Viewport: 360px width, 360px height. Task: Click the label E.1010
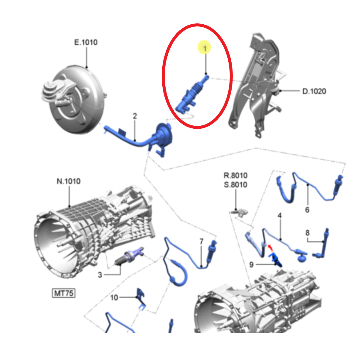pyautogui.click(x=86, y=42)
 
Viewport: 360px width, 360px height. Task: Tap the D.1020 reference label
pyautogui.click(x=314, y=91)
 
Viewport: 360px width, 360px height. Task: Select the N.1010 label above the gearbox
pyautogui.click(x=69, y=181)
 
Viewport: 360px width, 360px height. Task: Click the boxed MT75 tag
pyautogui.click(x=64, y=293)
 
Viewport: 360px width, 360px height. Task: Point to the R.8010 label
pyautogui.click(x=235, y=175)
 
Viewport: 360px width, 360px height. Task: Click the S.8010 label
pyautogui.click(x=235, y=185)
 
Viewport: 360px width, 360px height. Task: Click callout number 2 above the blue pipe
pyautogui.click(x=135, y=116)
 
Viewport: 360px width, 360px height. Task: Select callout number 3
pyautogui.click(x=100, y=275)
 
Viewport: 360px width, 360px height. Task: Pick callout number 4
pyautogui.click(x=280, y=216)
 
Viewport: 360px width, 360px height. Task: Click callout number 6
pyautogui.click(x=307, y=210)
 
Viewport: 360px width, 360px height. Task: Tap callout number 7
pyautogui.click(x=201, y=241)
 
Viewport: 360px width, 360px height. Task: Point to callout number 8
pyautogui.click(x=307, y=233)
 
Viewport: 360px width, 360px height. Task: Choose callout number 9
pyautogui.click(x=251, y=265)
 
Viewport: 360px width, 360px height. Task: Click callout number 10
pyautogui.click(x=114, y=298)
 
